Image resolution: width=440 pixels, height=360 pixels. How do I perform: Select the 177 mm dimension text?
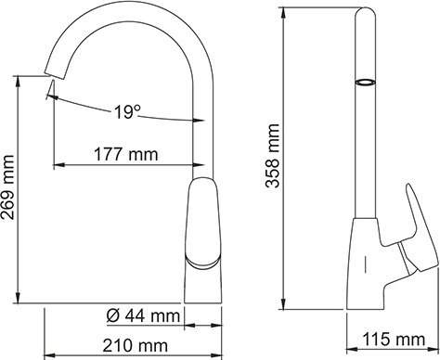(124, 154)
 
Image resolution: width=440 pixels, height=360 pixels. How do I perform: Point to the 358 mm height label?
(272, 158)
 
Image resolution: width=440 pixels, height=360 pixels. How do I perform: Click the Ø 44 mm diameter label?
(143, 316)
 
